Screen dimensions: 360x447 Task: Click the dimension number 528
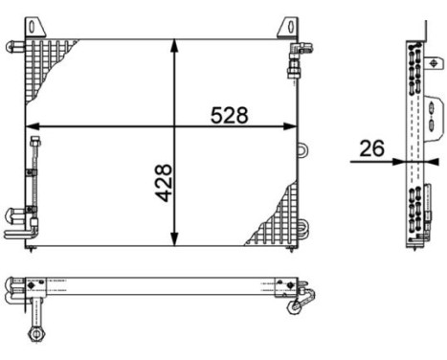(x=229, y=115)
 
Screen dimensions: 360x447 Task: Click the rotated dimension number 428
(x=163, y=181)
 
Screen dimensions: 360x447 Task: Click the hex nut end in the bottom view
(x=36, y=332)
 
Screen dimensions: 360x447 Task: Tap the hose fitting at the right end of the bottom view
(x=297, y=301)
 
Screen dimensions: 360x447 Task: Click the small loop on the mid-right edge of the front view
(x=301, y=149)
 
